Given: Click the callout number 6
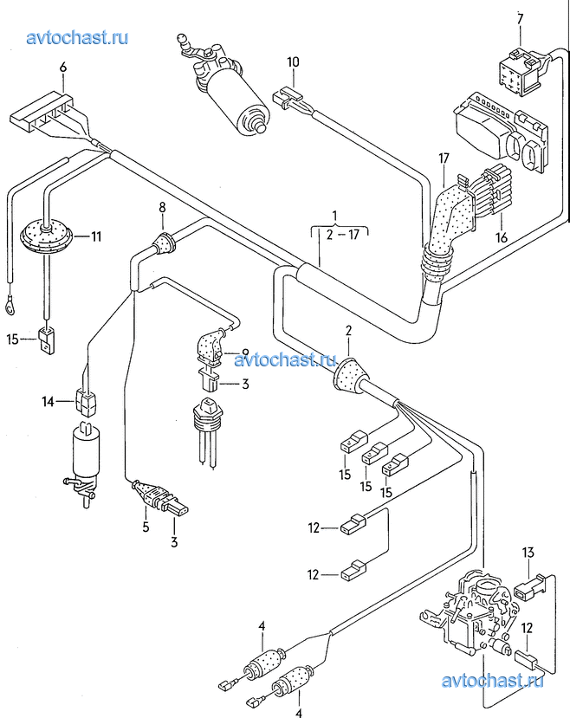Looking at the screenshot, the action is [63, 67].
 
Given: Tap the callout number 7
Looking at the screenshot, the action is [520, 19].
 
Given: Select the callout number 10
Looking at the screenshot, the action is [293, 61].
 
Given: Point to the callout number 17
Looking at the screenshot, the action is [444, 158].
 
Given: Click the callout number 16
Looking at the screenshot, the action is [502, 237].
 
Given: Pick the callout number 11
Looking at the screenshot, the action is [96, 236].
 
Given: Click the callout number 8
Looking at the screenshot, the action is [163, 208].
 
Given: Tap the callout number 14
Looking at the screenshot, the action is [48, 402].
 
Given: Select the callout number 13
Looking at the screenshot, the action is [528, 553].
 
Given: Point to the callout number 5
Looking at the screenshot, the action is [146, 527].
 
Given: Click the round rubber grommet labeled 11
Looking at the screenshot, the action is [46, 236].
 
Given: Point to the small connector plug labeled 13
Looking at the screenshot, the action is [530, 587].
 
